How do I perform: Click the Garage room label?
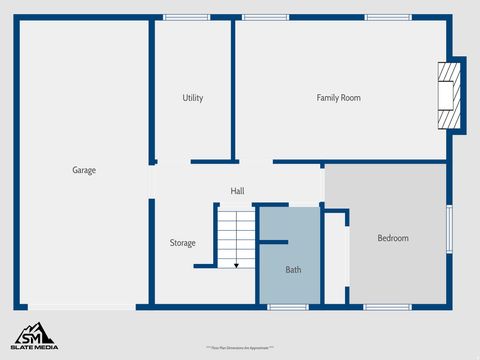84,170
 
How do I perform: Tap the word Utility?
193,98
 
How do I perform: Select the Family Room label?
338,98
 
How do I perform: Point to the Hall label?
237,191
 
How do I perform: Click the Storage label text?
182,243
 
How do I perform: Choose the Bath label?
293,270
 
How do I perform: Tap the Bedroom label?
393,238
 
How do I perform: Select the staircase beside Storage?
237,237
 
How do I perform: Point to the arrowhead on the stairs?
236,265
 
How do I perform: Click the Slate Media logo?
34,336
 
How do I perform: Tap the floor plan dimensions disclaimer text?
241,347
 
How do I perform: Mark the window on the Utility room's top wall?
186,17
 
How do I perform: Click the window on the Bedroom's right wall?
449,233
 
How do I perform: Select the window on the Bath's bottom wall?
287,306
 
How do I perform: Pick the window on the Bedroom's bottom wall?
386,306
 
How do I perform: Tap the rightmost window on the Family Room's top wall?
387,17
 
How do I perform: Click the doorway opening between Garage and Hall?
152,180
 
